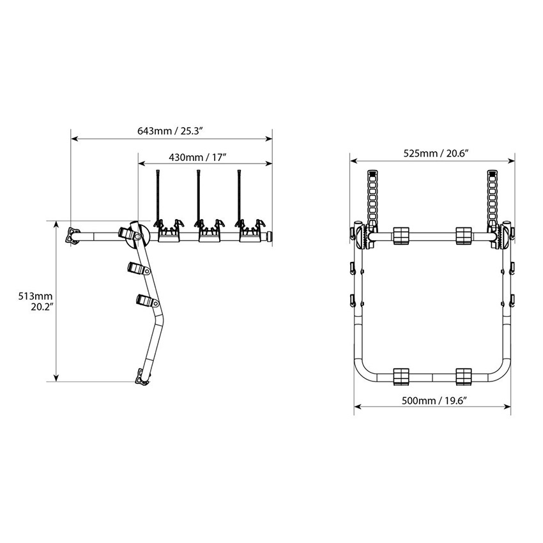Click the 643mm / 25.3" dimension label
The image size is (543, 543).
pyautogui.click(x=170, y=131)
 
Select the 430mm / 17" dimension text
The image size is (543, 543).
pyautogui.click(x=197, y=157)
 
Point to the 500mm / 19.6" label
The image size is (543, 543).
pyautogui.click(x=434, y=401)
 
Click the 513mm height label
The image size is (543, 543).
pyautogui.click(x=35, y=296)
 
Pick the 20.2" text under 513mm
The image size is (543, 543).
pyautogui.click(x=42, y=307)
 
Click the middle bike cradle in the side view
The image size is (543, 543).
pyautogui.click(x=210, y=230)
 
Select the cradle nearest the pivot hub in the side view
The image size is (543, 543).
pyautogui.click(x=169, y=230)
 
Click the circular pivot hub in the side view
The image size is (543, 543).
pyautogui.click(x=138, y=236)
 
